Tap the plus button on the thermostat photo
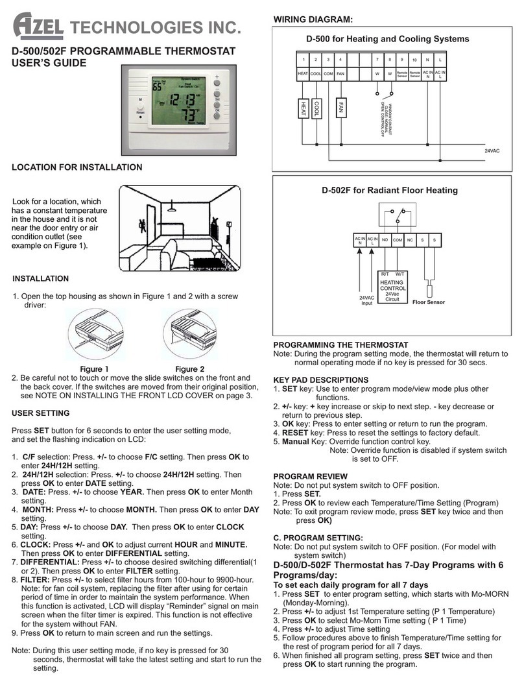218,82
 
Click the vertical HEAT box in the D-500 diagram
303,107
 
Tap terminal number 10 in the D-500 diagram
415,60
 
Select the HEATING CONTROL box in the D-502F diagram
392,287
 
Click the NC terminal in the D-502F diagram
411,240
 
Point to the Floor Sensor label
431,302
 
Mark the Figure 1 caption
94,369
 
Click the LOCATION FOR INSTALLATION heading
77,167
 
